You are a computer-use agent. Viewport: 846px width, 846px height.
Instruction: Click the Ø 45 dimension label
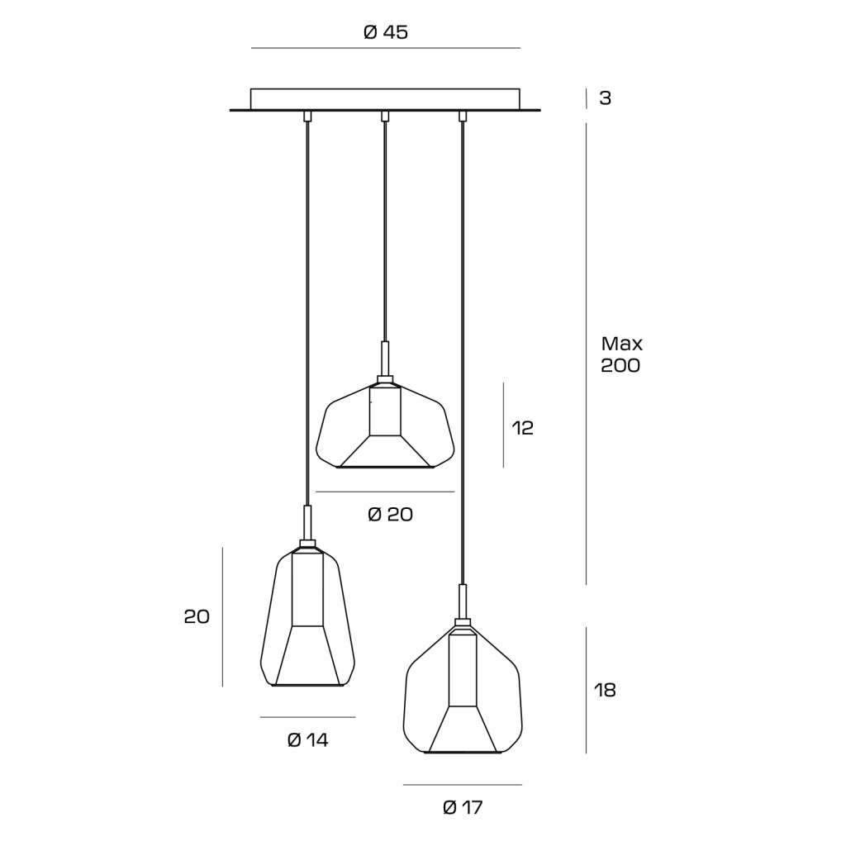(x=385, y=32)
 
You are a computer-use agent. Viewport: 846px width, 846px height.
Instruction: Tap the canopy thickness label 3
(x=606, y=98)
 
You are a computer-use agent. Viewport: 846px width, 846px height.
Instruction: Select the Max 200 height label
(x=621, y=354)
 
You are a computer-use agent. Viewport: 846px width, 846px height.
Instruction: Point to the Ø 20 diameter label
(x=390, y=514)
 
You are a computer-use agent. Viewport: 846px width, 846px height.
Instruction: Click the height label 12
(x=522, y=428)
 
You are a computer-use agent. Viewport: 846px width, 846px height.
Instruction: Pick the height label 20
(x=197, y=616)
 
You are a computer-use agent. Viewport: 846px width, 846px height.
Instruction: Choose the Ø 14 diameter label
(x=307, y=739)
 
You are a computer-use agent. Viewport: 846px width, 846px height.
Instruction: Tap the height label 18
(x=605, y=690)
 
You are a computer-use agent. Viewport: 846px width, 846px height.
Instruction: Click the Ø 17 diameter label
(x=463, y=808)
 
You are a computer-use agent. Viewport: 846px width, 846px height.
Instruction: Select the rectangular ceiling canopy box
(x=385, y=99)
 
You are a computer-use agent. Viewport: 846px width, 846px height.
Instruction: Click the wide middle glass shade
(x=385, y=422)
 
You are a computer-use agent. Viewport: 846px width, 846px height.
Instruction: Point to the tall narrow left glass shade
(x=307, y=614)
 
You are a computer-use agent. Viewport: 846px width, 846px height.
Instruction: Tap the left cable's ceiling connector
(x=307, y=116)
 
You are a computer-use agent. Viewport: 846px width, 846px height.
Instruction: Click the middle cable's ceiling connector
(x=385, y=116)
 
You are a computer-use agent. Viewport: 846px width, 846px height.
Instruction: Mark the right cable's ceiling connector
(x=462, y=116)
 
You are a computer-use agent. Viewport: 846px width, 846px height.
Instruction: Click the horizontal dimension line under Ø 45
(x=385, y=48)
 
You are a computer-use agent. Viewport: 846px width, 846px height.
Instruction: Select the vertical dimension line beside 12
(x=503, y=425)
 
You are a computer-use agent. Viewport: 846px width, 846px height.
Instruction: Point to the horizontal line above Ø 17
(x=463, y=785)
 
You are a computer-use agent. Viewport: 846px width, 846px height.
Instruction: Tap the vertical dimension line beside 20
(x=222, y=616)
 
